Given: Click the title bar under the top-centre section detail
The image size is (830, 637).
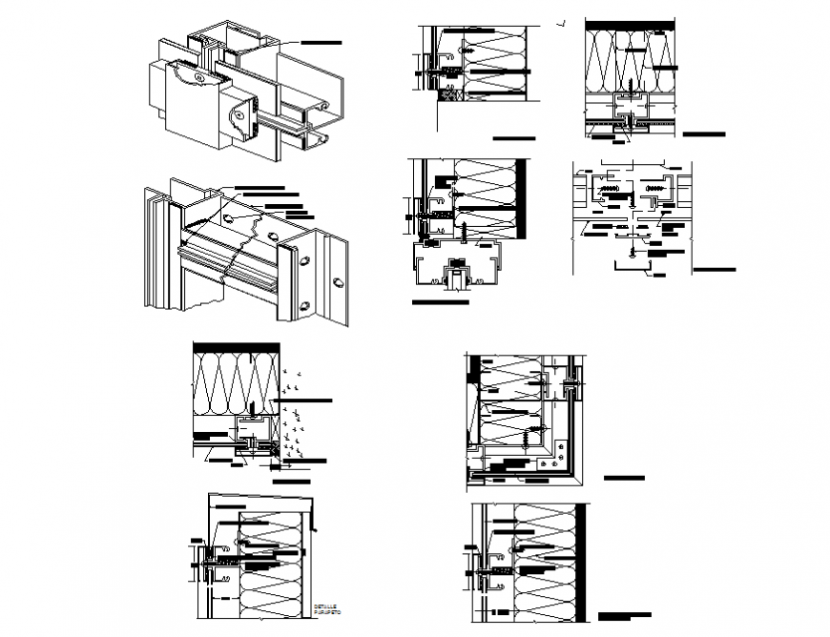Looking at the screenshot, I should pyautogui.click(x=513, y=136).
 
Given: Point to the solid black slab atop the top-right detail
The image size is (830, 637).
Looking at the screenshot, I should pyautogui.click(x=631, y=23).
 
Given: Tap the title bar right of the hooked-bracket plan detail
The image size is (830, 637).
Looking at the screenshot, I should pyautogui.click(x=714, y=270).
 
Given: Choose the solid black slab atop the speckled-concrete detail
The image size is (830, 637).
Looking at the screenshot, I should pyautogui.click(x=236, y=345).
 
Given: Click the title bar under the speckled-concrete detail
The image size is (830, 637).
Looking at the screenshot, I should pyautogui.click(x=297, y=483).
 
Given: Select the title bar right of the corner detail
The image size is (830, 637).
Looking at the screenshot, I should pyautogui.click(x=624, y=478).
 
